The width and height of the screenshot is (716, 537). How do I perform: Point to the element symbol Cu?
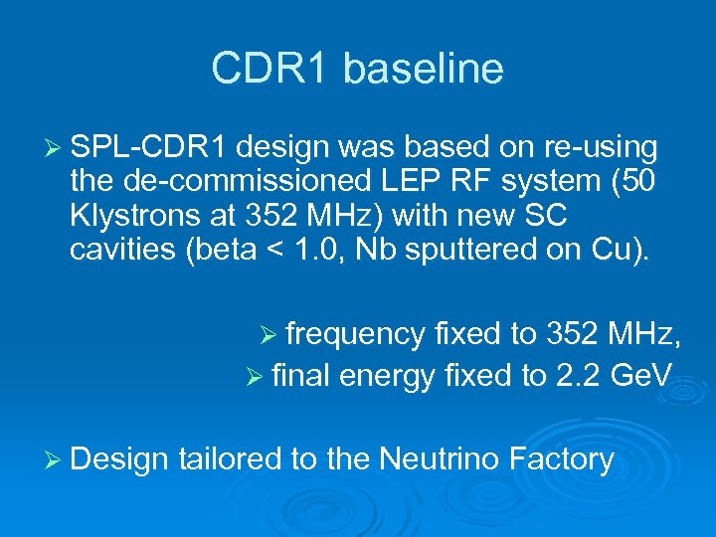point(619,250)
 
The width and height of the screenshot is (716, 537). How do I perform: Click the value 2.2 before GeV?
point(576,376)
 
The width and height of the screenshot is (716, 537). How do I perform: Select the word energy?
point(389,376)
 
